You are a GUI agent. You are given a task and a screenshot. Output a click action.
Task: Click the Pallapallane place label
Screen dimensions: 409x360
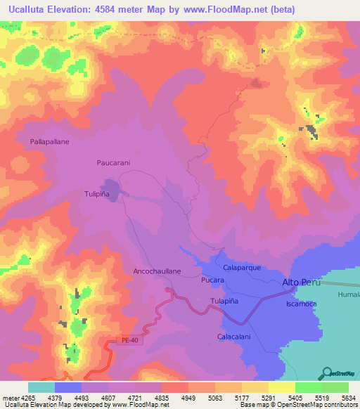click(x=49, y=141)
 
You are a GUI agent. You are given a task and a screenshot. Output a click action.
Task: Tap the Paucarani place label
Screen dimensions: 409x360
click(x=114, y=162)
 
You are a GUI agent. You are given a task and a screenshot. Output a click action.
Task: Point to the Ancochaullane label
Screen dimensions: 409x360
click(x=157, y=271)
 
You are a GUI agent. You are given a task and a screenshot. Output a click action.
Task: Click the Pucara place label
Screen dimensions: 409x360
click(x=212, y=280)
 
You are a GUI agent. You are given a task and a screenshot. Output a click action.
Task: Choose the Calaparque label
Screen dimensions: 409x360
click(x=242, y=268)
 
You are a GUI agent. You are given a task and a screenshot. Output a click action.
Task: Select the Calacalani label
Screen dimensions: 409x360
click(x=235, y=337)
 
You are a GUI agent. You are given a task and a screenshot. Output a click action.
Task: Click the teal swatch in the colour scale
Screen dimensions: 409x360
click(x=41, y=387)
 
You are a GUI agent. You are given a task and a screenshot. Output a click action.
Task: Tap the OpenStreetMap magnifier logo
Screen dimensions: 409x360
click(x=327, y=372)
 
